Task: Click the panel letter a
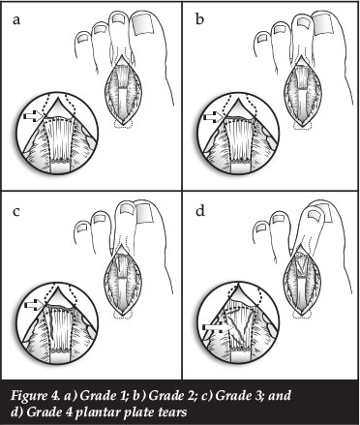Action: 16,20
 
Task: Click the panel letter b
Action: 199,19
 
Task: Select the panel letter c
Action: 16,212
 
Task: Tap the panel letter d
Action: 200,211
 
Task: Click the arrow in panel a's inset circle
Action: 34,116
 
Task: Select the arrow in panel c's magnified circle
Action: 34,305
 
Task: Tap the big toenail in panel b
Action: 322,24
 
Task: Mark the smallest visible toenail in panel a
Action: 83,38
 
